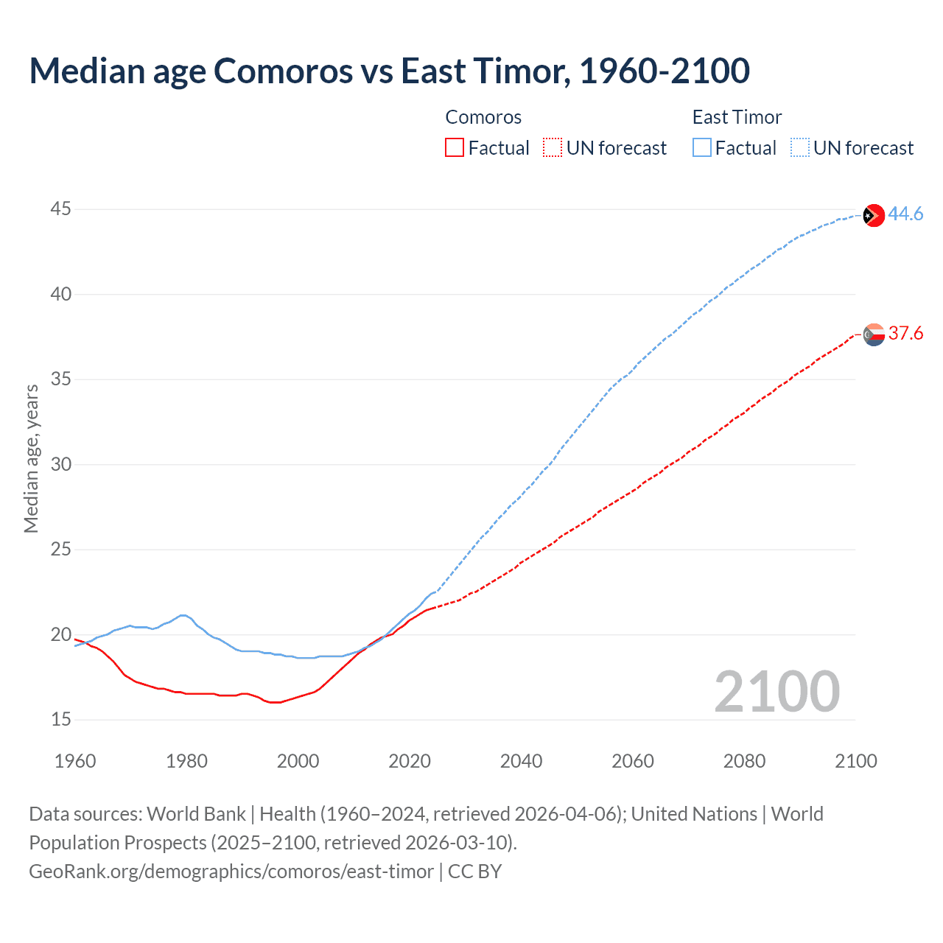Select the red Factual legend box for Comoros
click(455, 148)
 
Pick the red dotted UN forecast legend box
click(553, 148)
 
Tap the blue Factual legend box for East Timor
click(702, 148)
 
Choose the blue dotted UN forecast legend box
click(800, 148)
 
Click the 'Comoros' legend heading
click(483, 117)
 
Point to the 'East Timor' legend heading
click(737, 117)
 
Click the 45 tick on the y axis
click(60, 209)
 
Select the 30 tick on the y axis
click(60, 464)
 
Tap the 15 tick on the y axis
click(60, 719)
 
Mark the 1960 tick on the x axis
click(75, 761)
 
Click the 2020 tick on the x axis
click(410, 761)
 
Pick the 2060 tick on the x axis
click(633, 761)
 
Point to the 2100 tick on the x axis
click(856, 761)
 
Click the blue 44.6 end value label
click(905, 214)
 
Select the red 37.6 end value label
click(905, 334)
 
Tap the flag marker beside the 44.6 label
click(874, 215)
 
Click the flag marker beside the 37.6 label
click(874, 334)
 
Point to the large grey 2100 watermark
click(777, 692)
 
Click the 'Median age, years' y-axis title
click(31, 458)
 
